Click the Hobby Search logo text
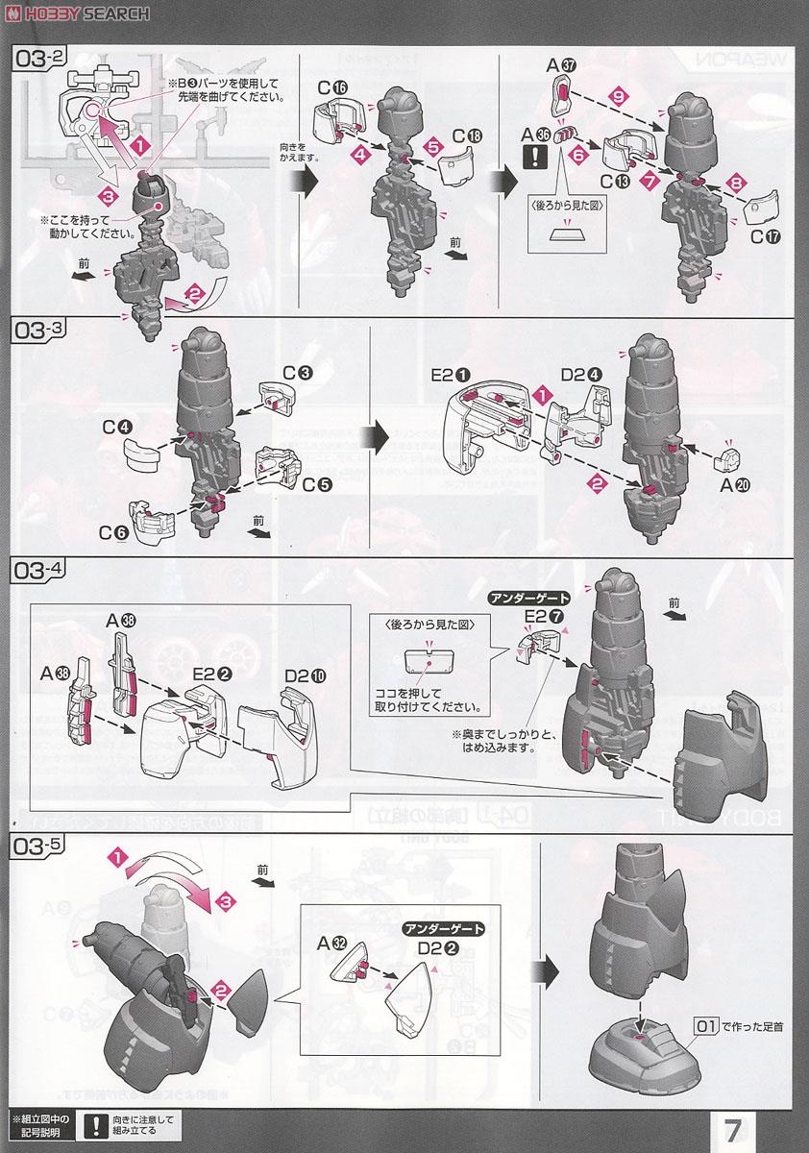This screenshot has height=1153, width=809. [x=77, y=12]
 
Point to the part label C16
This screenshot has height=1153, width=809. [x=331, y=88]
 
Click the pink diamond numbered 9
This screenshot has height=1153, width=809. [x=618, y=97]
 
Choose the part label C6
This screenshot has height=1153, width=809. [x=107, y=529]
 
